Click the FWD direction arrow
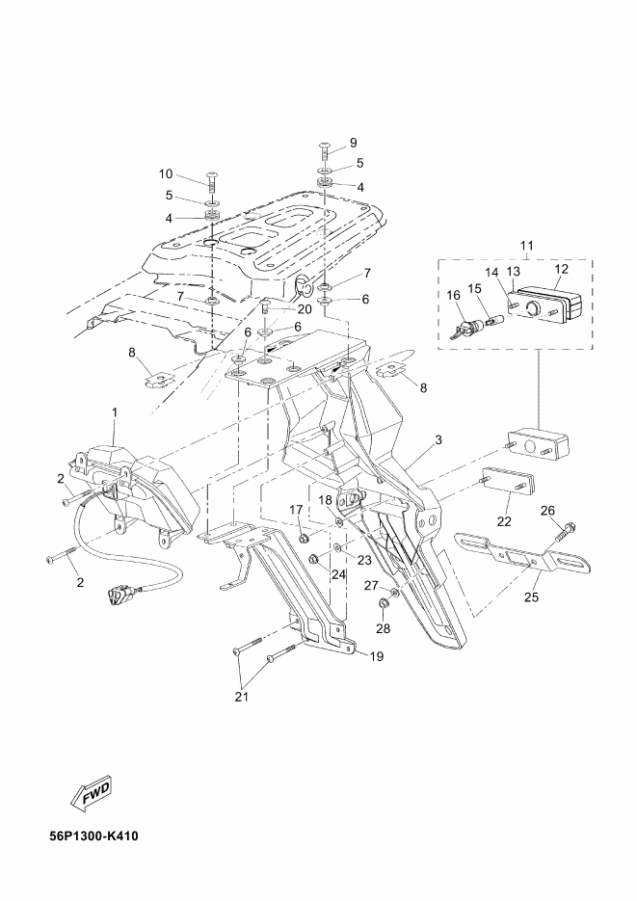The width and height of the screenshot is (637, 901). (x=92, y=795)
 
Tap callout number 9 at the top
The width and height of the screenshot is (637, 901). (x=353, y=142)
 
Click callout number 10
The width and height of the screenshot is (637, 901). (x=166, y=173)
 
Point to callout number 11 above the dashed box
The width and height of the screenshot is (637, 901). (x=527, y=246)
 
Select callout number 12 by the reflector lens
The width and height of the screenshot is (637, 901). (x=561, y=268)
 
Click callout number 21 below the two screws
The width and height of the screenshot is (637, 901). (x=242, y=697)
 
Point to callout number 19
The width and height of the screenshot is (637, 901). (x=377, y=656)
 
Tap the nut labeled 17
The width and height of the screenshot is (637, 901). (x=305, y=539)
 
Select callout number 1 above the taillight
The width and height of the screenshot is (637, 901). (x=115, y=412)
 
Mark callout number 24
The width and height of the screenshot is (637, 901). (x=337, y=573)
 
